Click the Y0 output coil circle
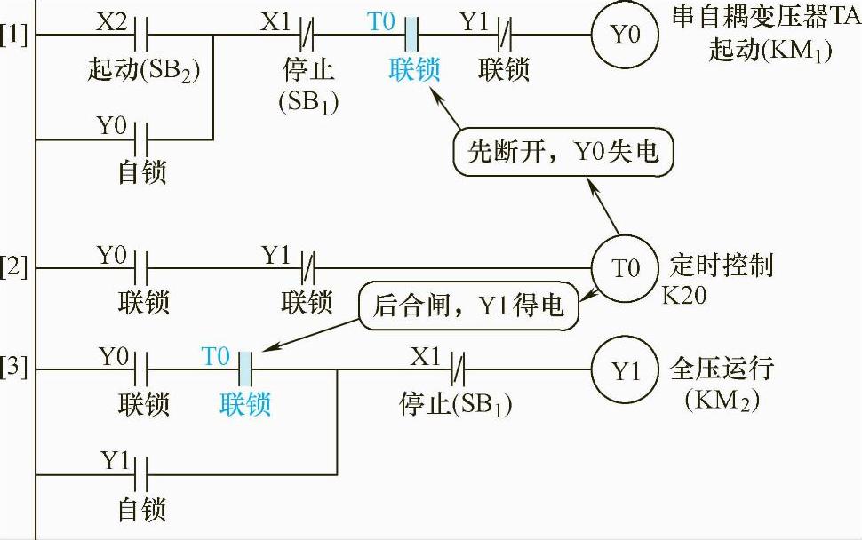[624, 36]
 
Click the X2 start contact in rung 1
[140, 36]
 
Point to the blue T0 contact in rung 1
[411, 36]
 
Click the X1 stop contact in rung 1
[306, 36]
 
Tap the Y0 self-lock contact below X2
[140, 139]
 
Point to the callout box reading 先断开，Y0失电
[562, 154]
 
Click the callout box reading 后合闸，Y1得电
[467, 306]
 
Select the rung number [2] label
[15, 266]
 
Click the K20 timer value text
[684, 295]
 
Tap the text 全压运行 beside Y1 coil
[722, 368]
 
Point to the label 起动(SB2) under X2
[143, 69]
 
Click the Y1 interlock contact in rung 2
[306, 266]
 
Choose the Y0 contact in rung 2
[140, 266]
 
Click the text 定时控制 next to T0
[721, 265]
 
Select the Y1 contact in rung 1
[502, 36]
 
